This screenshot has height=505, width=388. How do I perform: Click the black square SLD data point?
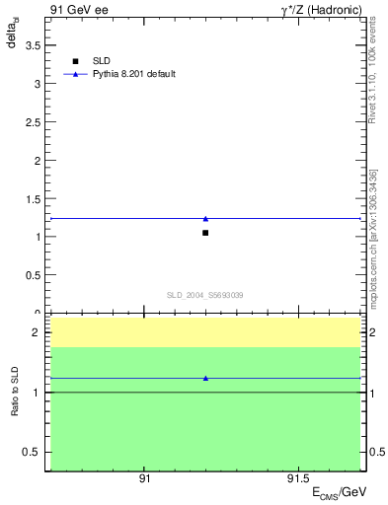pyautogui.click(x=205, y=233)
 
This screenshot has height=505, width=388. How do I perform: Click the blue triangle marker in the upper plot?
pyautogui.click(x=205, y=219)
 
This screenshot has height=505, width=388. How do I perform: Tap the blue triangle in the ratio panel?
pyautogui.click(x=205, y=378)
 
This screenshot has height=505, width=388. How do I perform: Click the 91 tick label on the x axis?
pyautogui.click(x=144, y=478)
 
